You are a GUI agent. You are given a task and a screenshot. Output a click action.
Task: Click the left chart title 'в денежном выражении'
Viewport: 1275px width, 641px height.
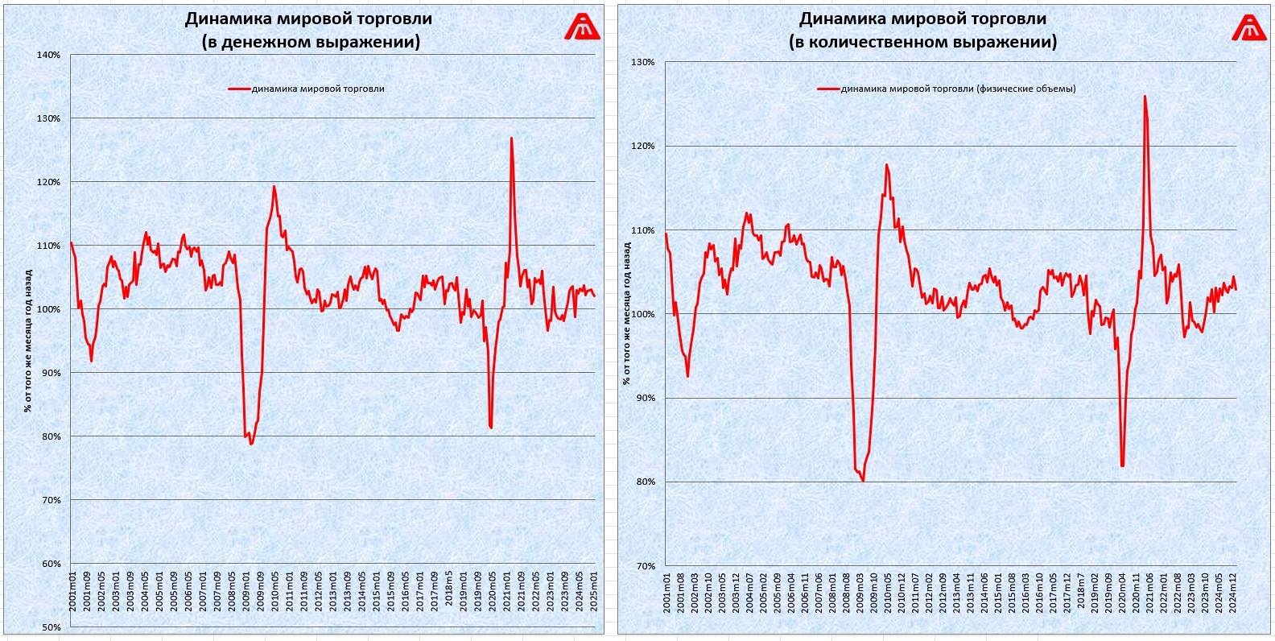click(x=310, y=42)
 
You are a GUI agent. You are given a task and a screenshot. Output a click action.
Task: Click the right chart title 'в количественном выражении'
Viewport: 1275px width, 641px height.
click(x=922, y=42)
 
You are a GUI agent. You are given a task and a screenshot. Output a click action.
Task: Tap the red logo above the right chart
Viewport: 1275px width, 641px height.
click(x=1249, y=27)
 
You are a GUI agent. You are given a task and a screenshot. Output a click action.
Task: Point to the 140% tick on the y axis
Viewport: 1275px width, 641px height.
click(x=49, y=55)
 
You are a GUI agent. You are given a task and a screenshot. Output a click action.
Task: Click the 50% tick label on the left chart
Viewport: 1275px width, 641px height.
click(x=51, y=627)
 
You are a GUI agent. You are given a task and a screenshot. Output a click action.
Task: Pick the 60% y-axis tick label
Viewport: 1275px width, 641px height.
click(x=51, y=564)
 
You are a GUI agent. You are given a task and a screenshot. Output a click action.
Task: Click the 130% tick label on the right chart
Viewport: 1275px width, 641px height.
click(x=643, y=62)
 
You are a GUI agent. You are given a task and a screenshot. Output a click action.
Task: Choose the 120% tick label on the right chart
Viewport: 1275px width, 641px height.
click(x=643, y=147)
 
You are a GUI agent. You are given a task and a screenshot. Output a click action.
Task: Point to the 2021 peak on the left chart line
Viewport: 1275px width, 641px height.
click(x=511, y=139)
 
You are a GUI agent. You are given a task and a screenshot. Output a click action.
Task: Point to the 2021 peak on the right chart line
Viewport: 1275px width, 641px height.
click(x=1145, y=97)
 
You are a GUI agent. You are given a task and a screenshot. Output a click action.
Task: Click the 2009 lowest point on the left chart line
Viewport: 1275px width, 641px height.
click(x=251, y=444)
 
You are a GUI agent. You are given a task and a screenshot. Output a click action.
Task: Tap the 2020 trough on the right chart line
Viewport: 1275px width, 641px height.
click(x=1122, y=465)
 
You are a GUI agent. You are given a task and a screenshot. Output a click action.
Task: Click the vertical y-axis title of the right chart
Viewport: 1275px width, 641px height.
click(x=626, y=314)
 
